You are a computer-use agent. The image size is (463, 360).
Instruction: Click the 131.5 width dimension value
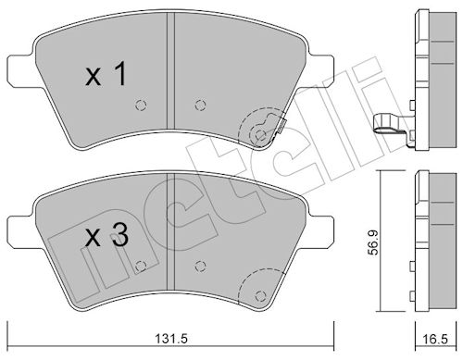click(x=171, y=340)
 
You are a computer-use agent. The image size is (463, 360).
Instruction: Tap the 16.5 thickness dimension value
click(x=435, y=340)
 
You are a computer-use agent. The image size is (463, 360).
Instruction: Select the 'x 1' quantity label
click(x=106, y=74)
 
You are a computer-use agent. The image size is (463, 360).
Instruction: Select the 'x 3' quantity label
click(x=106, y=236)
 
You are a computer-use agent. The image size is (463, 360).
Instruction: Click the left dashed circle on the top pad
click(x=141, y=106)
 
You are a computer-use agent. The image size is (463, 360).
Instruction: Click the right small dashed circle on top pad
click(x=200, y=106)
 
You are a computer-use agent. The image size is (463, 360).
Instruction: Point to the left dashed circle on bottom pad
click(x=141, y=266)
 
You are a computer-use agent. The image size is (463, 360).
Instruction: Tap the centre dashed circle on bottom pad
click(x=200, y=266)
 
